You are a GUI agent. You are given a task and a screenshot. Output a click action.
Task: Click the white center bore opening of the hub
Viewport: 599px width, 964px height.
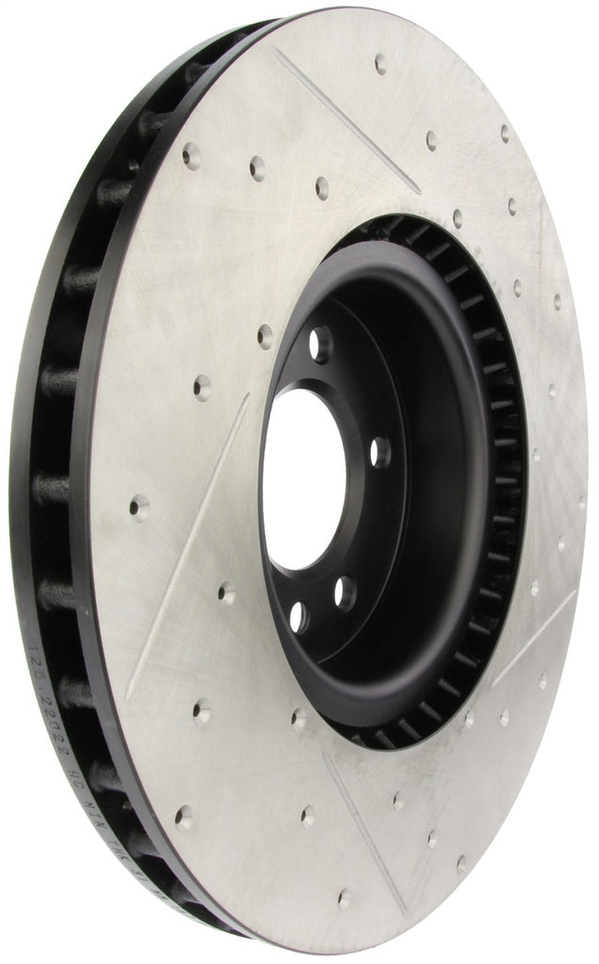pyautogui.click(x=303, y=480)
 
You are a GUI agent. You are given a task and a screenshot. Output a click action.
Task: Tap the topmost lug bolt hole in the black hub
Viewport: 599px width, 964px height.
pyautogui.click(x=321, y=345)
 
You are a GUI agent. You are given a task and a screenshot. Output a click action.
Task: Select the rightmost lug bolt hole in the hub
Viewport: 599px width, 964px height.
pyautogui.click(x=380, y=452)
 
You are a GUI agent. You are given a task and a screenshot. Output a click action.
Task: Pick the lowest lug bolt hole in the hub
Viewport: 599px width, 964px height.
pyautogui.click(x=299, y=617)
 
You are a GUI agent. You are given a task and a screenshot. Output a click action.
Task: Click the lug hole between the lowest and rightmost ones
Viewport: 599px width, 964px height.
pyautogui.click(x=346, y=592)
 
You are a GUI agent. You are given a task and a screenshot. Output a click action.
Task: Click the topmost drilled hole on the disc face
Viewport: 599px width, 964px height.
pyautogui.click(x=380, y=63)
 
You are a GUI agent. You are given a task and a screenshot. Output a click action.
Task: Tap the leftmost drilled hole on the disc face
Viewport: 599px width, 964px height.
pyautogui.click(x=138, y=507)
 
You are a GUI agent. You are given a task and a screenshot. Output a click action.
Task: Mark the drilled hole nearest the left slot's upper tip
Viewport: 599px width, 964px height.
pyautogui.click(x=202, y=384)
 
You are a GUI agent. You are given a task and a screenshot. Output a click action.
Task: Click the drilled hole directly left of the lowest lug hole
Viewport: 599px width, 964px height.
pyautogui.click(x=226, y=593)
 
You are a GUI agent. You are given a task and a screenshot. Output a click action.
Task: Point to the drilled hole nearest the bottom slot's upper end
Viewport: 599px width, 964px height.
pyautogui.click(x=299, y=720)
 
